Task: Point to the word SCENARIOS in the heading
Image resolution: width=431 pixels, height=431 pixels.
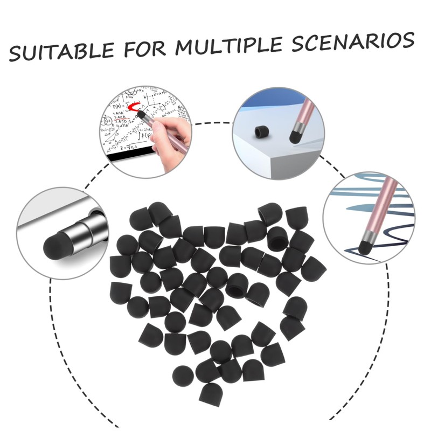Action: pyautogui.click(x=353, y=41)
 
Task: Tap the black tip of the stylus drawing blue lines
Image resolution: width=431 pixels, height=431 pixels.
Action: pyautogui.click(x=367, y=247)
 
